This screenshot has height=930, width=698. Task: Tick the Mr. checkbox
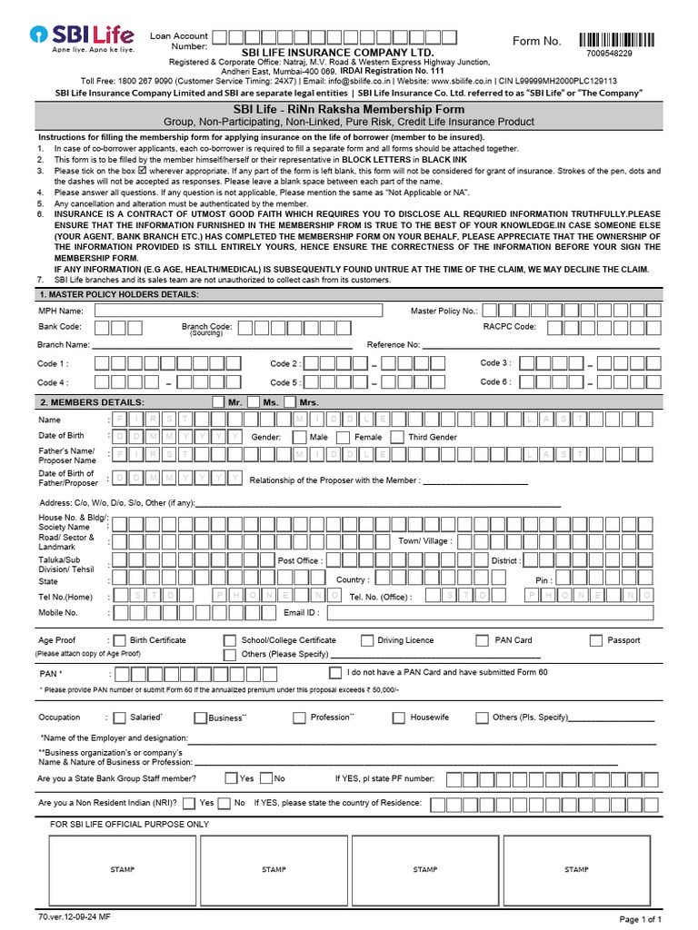218,401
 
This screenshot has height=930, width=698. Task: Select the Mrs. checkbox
290,401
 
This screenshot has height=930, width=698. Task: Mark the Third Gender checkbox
397,437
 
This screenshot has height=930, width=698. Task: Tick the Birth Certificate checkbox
119,640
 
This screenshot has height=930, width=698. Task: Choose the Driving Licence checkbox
367,640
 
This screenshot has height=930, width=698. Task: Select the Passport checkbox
596,640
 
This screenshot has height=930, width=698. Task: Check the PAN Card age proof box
483,640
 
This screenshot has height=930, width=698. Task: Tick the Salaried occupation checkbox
119,717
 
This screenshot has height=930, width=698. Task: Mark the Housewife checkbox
398,717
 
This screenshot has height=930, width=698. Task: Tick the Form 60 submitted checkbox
334,673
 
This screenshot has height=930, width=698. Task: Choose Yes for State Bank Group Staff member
231,778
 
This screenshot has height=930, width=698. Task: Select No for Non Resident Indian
224,803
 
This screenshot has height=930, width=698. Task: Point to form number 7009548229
610,54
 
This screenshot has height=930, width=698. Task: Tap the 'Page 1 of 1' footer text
641,919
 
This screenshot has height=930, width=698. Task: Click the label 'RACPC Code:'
509,327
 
